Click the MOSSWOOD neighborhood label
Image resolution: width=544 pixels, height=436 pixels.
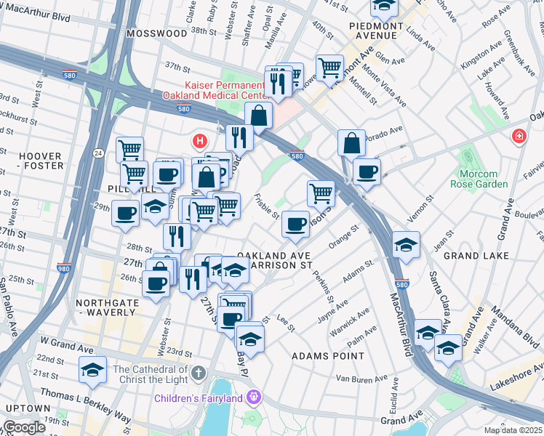[156, 33]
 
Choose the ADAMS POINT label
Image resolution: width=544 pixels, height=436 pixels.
[327, 356]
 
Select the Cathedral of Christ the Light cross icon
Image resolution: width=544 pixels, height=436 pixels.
[200, 374]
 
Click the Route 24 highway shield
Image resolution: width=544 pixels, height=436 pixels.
[97, 153]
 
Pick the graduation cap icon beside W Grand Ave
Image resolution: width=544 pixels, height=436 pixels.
[92, 370]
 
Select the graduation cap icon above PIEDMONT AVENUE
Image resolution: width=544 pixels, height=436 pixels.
[384, 7]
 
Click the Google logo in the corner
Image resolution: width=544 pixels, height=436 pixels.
[24, 427]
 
